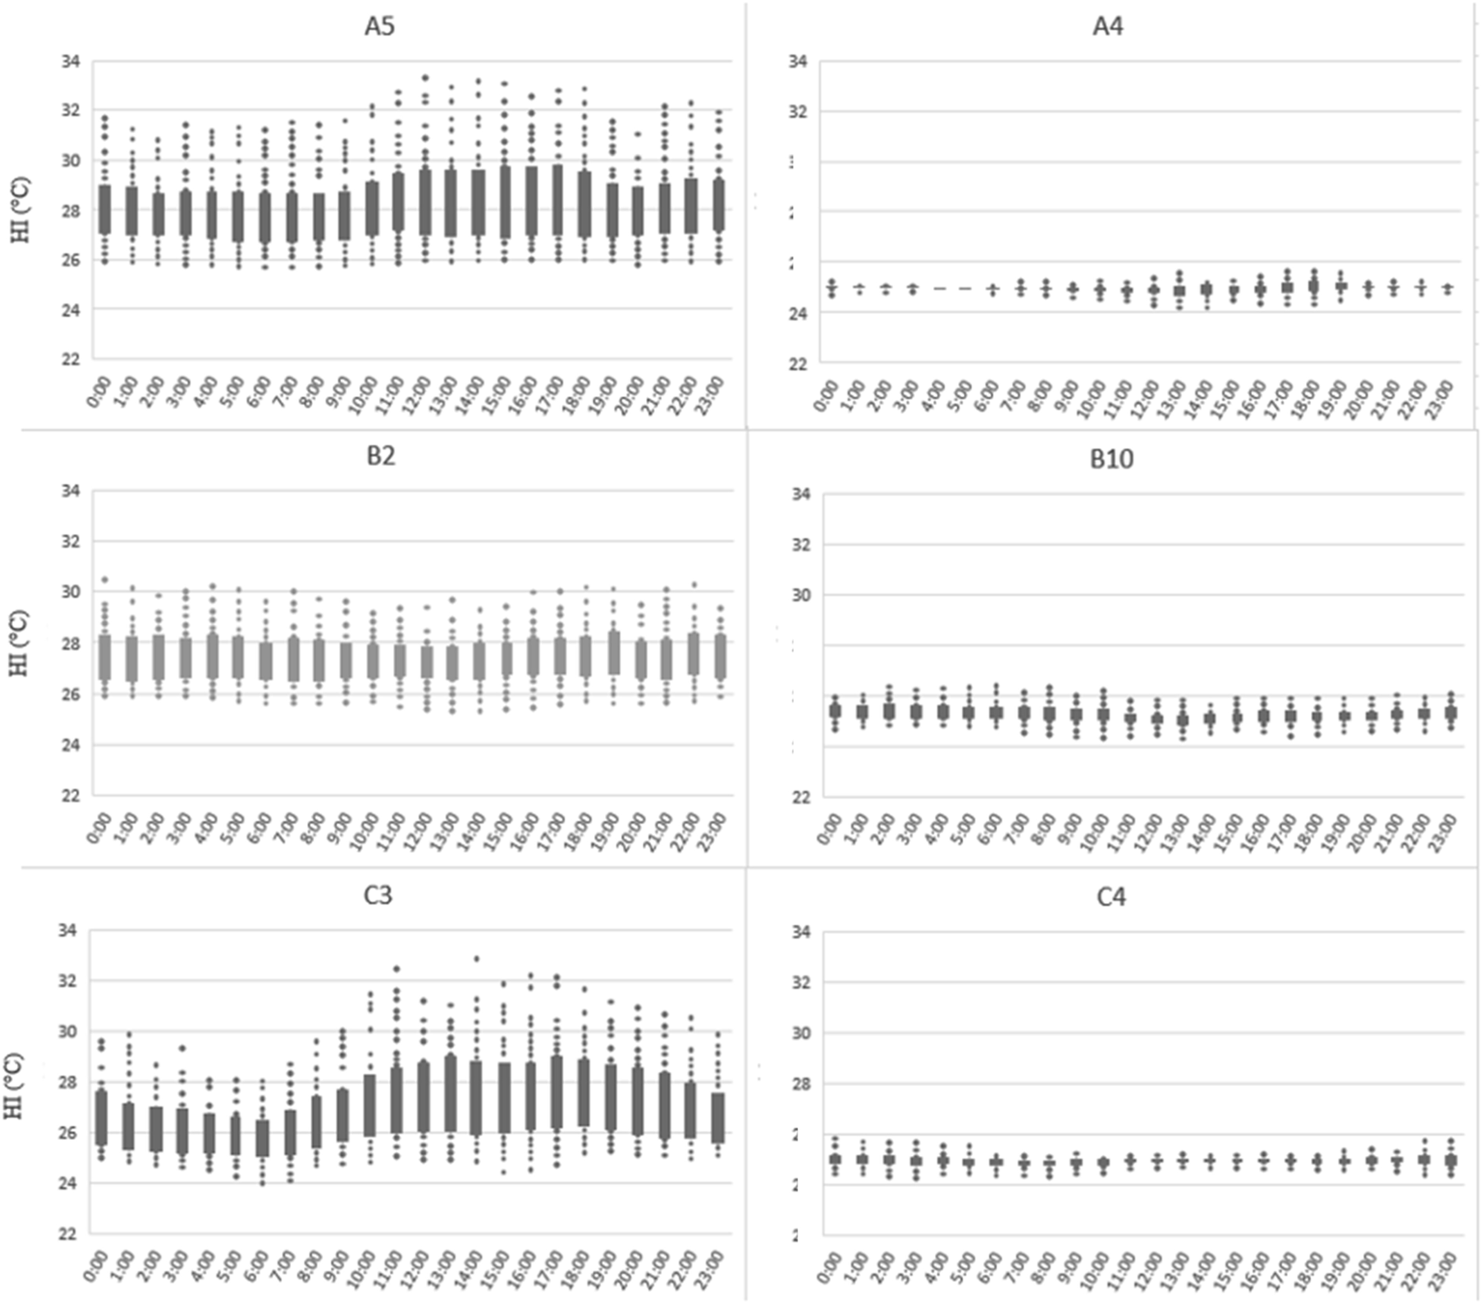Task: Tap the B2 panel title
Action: pyautogui.click(x=380, y=458)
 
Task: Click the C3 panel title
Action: pyautogui.click(x=378, y=896)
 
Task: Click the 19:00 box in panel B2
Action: pyautogui.click(x=614, y=652)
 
